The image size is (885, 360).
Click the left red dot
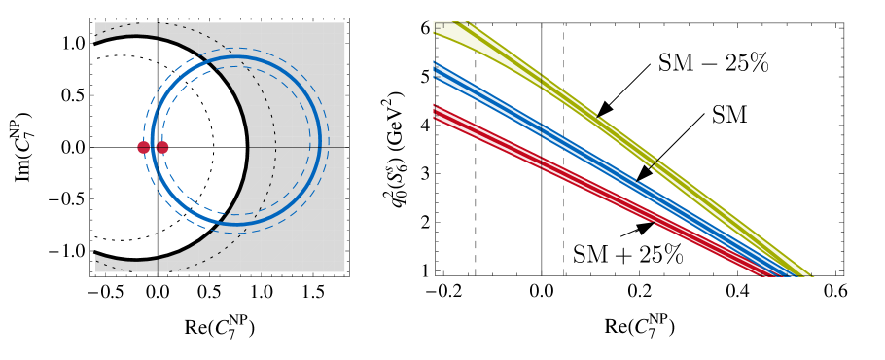pos(143,147)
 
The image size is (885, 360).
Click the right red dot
pos(162,147)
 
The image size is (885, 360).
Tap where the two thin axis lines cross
pos(158,147)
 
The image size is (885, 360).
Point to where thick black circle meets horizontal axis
pos(247,147)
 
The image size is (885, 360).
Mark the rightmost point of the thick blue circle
pos(319,141)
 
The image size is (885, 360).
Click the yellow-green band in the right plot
pos(622,136)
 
